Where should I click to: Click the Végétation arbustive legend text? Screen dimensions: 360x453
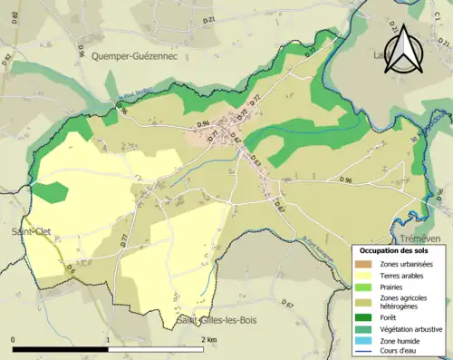[411, 328]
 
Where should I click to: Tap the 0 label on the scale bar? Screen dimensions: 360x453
[14, 339]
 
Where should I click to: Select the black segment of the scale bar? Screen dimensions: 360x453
[61, 347]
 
